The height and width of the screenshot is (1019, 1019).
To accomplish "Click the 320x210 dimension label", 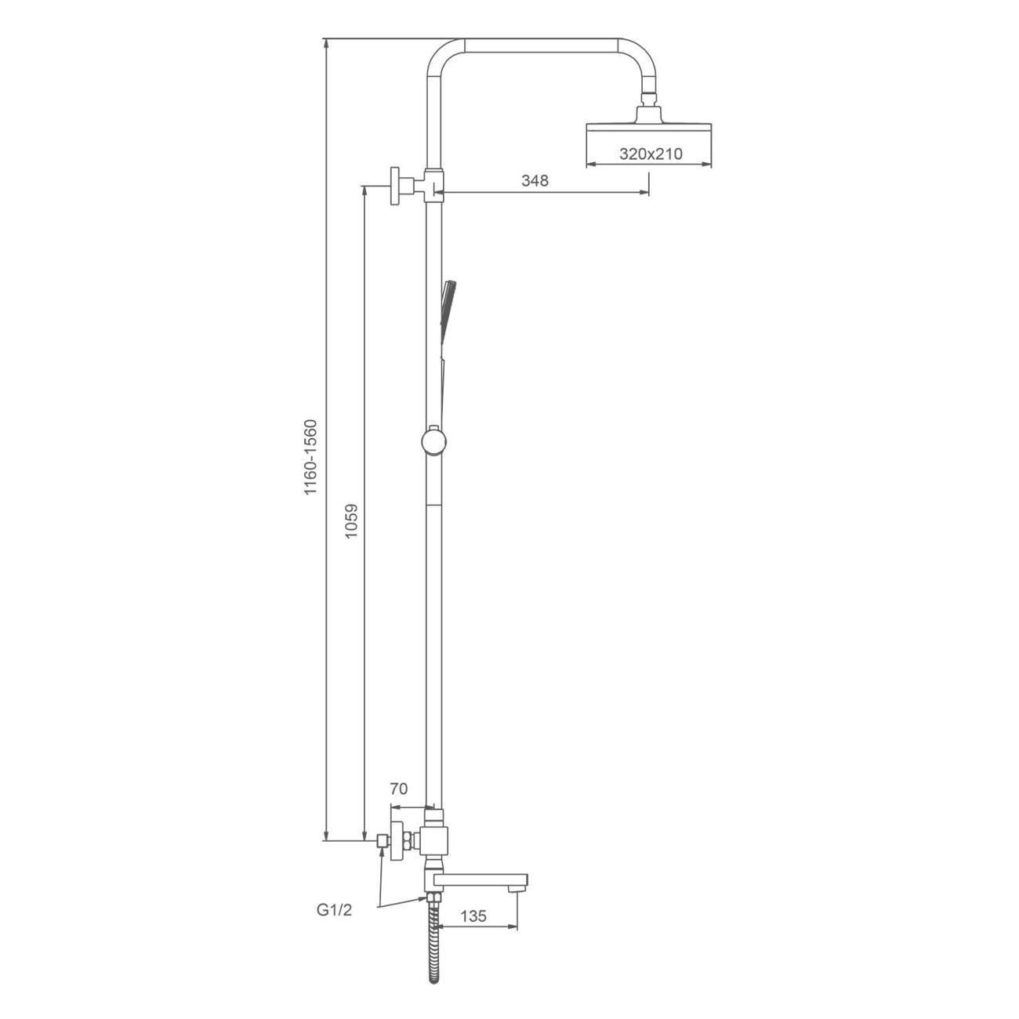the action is tap(651, 154).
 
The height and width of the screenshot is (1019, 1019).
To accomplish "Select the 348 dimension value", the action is tap(535, 180).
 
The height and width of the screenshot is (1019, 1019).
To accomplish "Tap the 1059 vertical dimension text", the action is tap(351, 521).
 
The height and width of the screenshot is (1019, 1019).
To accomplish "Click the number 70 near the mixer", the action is tap(399, 803).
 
